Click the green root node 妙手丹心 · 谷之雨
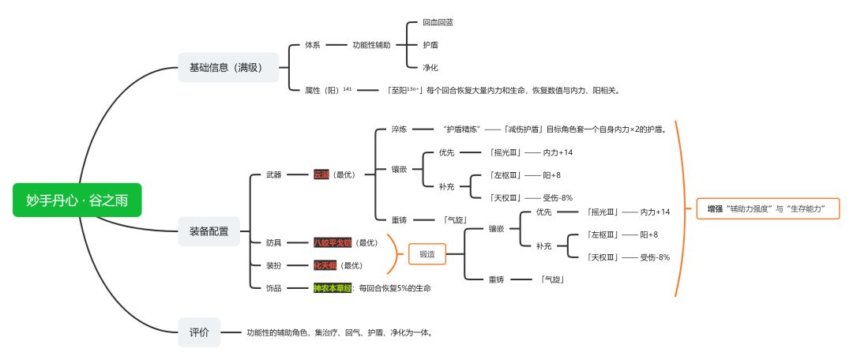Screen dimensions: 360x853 [77, 201]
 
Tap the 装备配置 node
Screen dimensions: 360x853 [209, 231]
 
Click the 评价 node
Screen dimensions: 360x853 [199, 332]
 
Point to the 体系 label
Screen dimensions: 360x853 [312, 45]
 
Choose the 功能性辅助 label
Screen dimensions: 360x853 [371, 45]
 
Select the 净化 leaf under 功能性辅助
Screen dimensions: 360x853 [430, 67]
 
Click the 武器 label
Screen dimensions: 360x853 [274, 174]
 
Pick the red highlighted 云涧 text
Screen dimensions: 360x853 [321, 174]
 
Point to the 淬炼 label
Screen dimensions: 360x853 [399, 129]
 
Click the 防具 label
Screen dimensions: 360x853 [274, 242]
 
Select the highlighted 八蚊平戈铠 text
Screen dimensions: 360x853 [333, 242]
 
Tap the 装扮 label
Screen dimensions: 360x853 [274, 265]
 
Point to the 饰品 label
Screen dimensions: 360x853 [274, 288]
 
